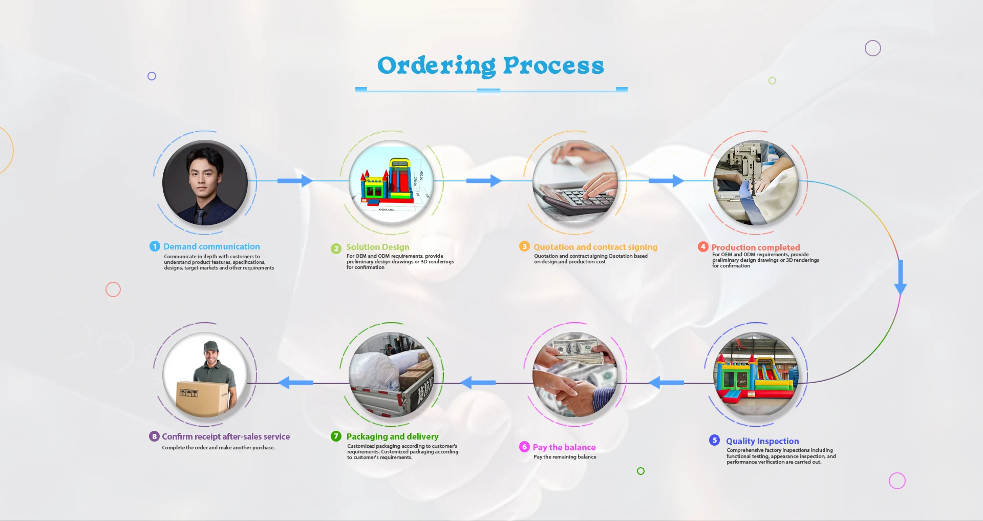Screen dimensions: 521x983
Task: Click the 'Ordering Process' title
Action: [490, 66]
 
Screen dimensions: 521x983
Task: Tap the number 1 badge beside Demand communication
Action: [155, 246]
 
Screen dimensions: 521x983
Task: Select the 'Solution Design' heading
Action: [377, 247]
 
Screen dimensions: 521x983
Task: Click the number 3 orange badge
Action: [524, 246]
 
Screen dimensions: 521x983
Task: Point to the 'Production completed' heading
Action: [755, 247]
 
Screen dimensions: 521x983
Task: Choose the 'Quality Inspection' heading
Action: [762, 441]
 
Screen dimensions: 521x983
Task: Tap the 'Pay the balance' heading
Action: [564, 447]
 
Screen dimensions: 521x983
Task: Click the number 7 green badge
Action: [336, 436]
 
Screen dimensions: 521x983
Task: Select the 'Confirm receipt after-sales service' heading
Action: [226, 436]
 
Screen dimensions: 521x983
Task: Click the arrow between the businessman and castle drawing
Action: [295, 180]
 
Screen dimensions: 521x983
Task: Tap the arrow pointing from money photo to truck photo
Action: [478, 382]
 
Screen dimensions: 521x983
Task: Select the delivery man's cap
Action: [211, 347]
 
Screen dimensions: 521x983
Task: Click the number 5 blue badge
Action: [714, 440]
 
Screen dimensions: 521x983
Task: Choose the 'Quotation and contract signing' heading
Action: [595, 247]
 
